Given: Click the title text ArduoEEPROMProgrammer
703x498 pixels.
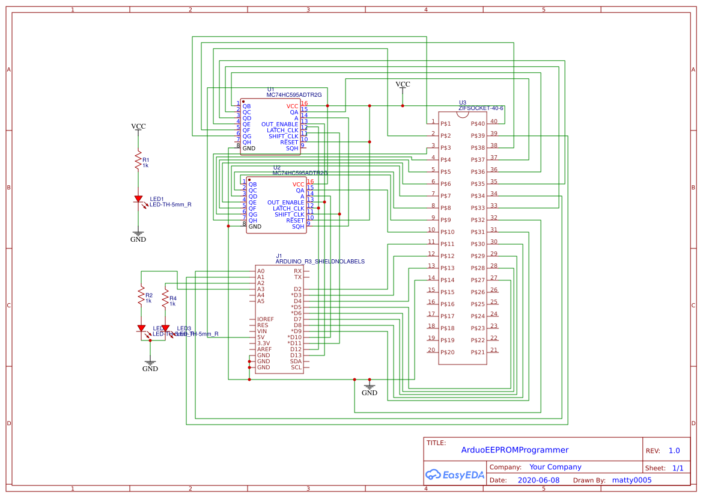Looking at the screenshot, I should (x=514, y=450).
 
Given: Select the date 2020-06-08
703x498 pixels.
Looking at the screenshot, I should (x=538, y=480).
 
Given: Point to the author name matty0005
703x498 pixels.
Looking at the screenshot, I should (x=631, y=480).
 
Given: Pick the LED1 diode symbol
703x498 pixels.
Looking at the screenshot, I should (x=138, y=199).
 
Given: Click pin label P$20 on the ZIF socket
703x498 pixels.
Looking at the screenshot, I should (x=448, y=352).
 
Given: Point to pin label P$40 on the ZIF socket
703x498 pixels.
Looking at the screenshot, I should (x=478, y=124).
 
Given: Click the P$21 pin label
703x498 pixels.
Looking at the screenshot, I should (x=478, y=352).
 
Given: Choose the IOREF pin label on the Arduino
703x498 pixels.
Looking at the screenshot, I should (x=265, y=319).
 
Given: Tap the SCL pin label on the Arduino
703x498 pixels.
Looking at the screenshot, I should (x=296, y=367).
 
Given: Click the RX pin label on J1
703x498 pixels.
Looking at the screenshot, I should (x=297, y=271).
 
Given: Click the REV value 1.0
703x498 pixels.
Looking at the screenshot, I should (x=674, y=450).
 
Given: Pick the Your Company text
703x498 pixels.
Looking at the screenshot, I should (x=555, y=467).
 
